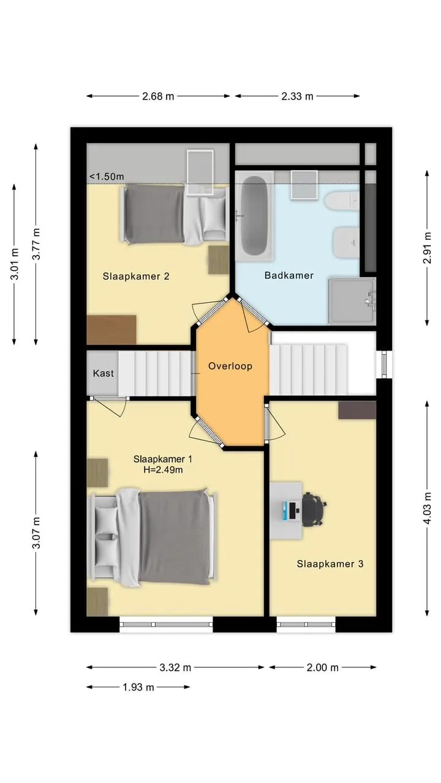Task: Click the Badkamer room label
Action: [x=288, y=275]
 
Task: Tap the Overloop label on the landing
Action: [x=230, y=366]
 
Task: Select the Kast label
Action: [x=104, y=373]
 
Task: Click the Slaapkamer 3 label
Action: [x=330, y=564]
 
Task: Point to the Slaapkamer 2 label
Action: [x=136, y=276]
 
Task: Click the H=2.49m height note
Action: [x=163, y=470]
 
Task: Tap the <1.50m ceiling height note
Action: [x=107, y=177]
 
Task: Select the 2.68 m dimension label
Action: [x=158, y=96]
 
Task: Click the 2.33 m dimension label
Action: [x=297, y=96]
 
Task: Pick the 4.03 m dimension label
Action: [x=427, y=508]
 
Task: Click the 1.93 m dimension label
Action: [x=138, y=687]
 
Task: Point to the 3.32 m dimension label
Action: [x=175, y=667]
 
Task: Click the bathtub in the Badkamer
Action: [x=254, y=216]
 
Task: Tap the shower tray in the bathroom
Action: [x=352, y=300]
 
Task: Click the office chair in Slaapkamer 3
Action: [x=313, y=510]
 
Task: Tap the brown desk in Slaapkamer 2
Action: [x=111, y=330]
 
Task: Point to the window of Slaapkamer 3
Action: [x=306, y=625]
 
